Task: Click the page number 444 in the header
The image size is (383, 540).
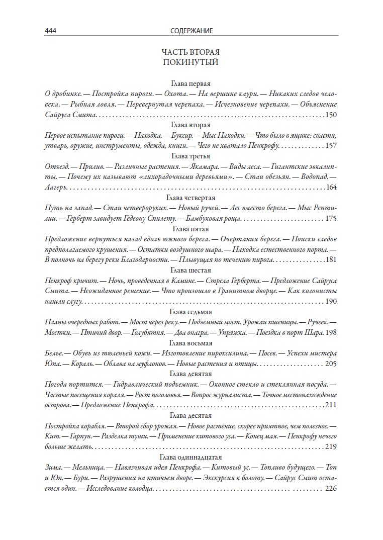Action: point(50,31)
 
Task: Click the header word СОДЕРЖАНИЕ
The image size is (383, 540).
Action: point(191,31)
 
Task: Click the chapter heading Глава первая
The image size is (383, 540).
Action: point(190,83)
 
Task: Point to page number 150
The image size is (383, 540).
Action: point(331,115)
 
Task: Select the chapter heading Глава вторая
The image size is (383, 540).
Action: point(190,125)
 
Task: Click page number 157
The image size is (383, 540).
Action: point(331,146)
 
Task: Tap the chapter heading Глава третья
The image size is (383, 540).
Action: point(190,156)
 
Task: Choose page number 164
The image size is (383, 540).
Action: point(331,188)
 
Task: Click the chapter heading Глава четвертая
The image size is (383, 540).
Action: point(190,198)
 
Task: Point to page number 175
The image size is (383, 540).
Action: point(331,219)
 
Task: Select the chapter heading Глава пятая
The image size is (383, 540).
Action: point(190,229)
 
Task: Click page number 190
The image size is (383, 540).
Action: point(331,302)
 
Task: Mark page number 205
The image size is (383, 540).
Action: point(331,364)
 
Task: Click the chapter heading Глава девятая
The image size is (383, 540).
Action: point(190,374)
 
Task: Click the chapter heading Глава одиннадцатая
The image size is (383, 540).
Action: point(190,457)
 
